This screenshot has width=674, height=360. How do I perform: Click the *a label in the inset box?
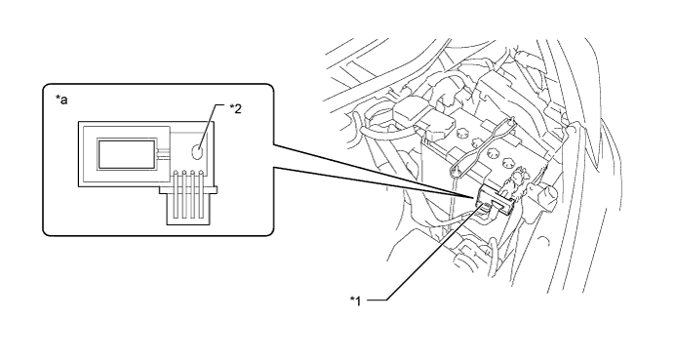pyautogui.click(x=61, y=100)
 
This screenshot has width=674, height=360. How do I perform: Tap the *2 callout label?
pyautogui.click(x=235, y=109)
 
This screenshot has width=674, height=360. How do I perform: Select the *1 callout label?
pyautogui.click(x=356, y=300)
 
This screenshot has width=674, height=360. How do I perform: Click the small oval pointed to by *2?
pyautogui.click(x=197, y=152)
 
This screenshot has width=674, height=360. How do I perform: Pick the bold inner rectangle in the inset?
pyautogui.click(x=127, y=153)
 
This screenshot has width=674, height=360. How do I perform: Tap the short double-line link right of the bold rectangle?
pyautogui.click(x=164, y=153)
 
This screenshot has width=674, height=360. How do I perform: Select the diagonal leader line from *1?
pyautogui.click(x=434, y=253)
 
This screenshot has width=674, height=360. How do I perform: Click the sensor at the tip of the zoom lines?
pyautogui.click(x=495, y=200)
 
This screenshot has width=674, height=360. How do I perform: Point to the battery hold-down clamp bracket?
pyautogui.click(x=482, y=146)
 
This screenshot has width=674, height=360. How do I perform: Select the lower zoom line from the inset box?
pyautogui.click(x=374, y=183)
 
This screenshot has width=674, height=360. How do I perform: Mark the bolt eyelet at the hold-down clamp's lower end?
pyautogui.click(x=456, y=172)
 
